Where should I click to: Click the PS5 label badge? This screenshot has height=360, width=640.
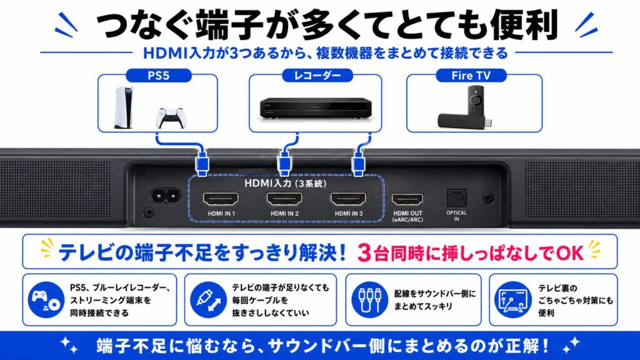(158, 76)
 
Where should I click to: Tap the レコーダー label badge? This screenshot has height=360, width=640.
(317, 76)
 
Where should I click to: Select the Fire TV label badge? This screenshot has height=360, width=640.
(471, 76)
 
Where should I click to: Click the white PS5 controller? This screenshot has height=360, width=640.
(171, 117)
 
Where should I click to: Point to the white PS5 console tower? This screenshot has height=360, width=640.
(123, 107)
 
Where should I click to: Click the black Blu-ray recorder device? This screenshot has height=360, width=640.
(316, 109)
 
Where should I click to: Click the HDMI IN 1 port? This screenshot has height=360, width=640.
(221, 199)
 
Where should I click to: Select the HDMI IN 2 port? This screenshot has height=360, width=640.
(284, 199)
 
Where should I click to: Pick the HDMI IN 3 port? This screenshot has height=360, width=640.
(348, 199)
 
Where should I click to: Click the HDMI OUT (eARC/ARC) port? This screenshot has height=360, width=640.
(407, 199)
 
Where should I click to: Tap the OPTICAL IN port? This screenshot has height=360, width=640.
(456, 198)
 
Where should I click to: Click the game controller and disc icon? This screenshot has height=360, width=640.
(46, 300)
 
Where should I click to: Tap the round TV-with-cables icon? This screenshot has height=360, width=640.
(513, 300)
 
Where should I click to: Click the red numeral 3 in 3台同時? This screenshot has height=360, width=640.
(364, 253)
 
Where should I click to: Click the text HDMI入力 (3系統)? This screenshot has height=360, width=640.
(285, 183)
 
